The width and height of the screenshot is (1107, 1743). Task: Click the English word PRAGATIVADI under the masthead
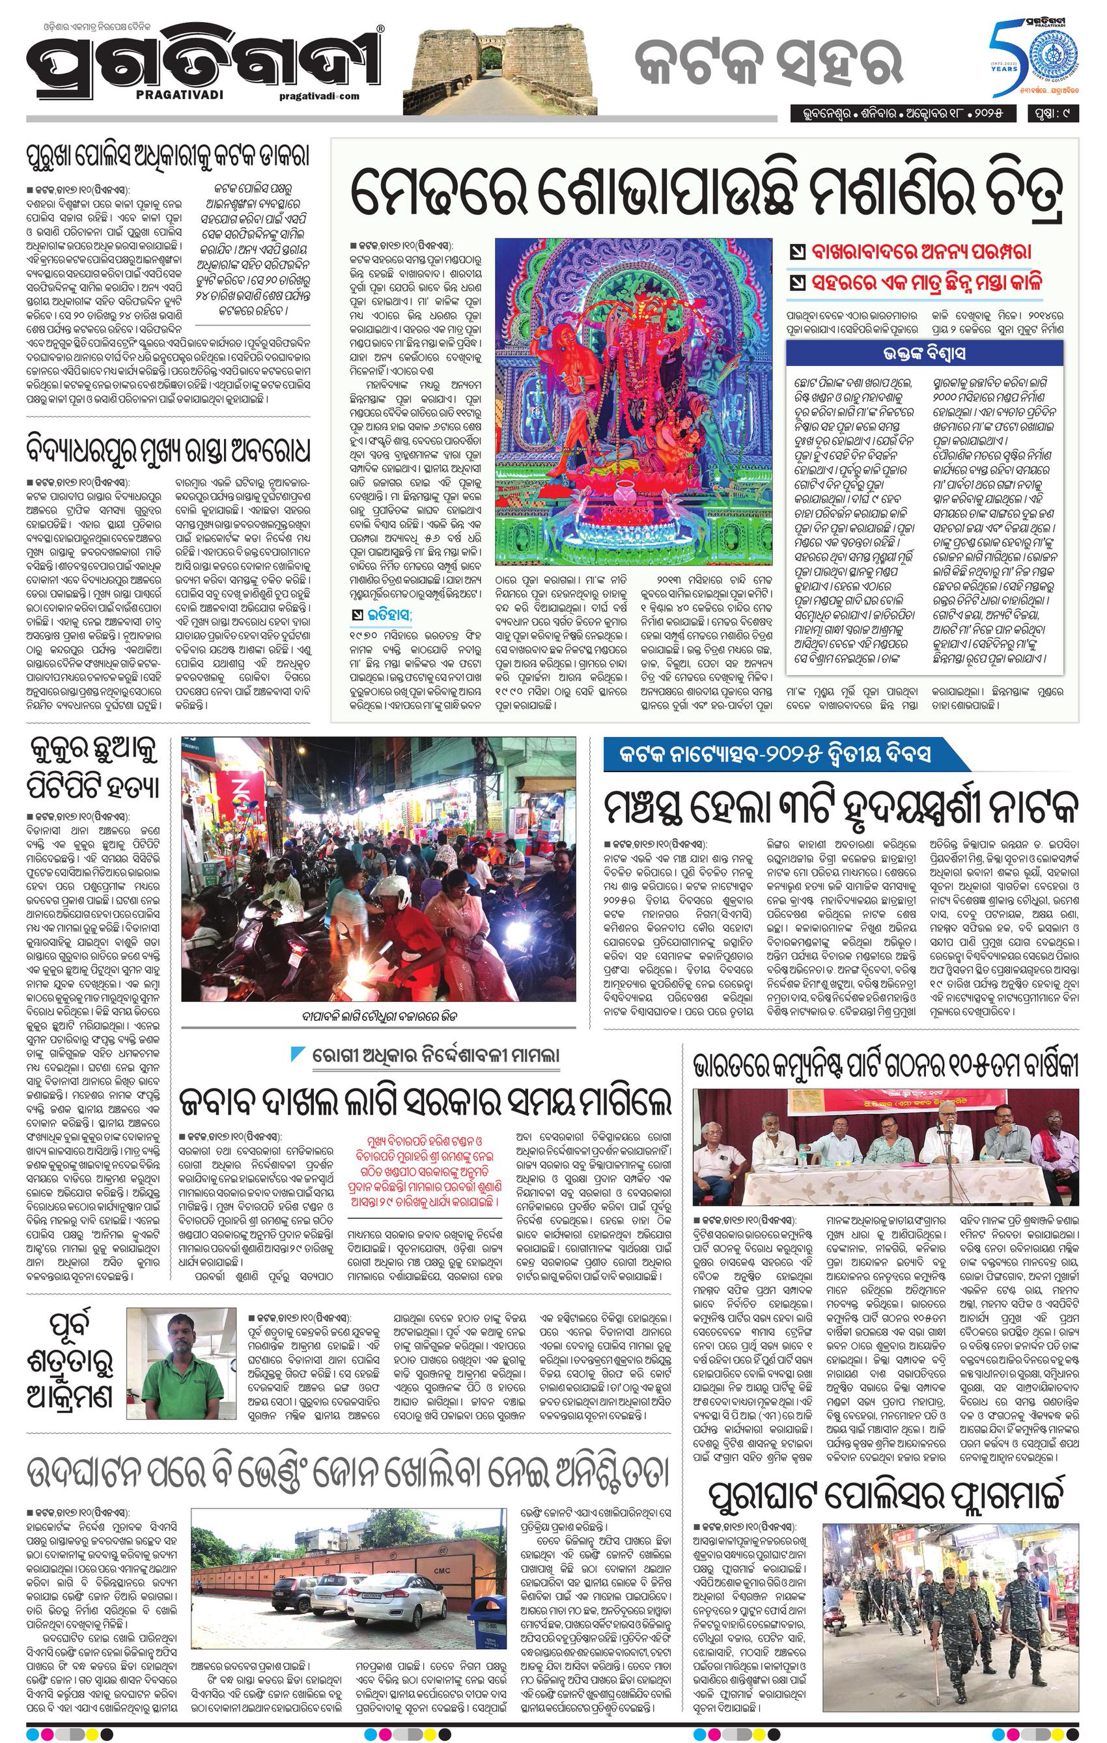[174, 95]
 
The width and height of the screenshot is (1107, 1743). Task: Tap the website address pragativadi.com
[318, 96]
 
